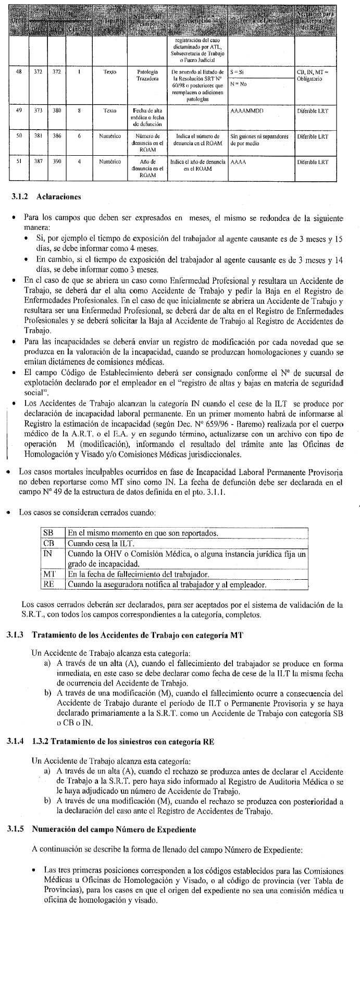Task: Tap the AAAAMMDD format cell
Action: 247,111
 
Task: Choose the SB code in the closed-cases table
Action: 48,533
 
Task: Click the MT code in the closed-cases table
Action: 49,574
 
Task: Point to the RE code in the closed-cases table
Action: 48,584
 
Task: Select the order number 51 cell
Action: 19,161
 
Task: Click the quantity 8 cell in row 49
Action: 79,111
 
